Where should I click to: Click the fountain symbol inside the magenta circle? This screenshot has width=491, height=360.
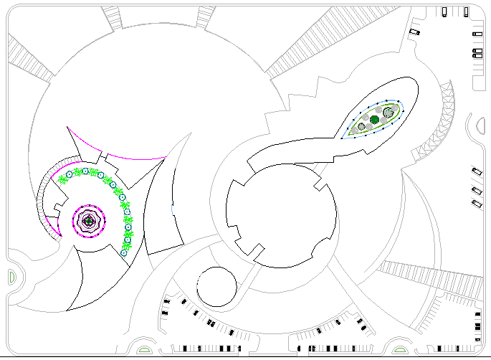[88, 222]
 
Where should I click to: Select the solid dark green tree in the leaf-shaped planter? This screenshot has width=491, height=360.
[374, 119]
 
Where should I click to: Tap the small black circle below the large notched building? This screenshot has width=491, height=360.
[216, 287]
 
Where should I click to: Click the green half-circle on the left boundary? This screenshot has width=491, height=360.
[10, 276]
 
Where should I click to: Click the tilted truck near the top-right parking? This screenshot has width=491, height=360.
[414, 32]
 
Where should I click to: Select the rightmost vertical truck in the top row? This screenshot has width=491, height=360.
[466, 11]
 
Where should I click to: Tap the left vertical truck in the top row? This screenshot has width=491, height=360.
[444, 11]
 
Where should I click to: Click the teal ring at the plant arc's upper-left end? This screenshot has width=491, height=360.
[70, 174]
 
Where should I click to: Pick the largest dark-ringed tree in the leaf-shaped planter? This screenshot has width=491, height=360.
[388, 112]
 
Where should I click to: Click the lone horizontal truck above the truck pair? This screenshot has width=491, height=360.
[477, 33]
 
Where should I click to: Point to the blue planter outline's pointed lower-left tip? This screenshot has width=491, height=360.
[343, 138]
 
